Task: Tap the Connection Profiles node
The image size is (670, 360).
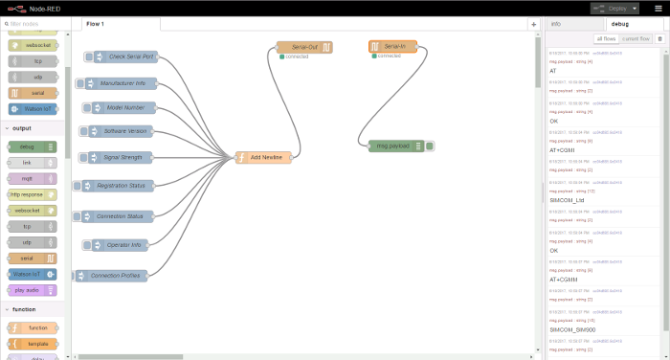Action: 112,276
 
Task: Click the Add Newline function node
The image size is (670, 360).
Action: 264,157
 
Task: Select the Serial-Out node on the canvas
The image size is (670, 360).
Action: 304,47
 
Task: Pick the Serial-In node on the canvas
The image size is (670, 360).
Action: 392,46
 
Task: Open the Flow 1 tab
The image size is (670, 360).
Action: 95,23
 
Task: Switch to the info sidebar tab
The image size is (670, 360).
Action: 556,23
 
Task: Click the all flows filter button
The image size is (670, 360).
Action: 605,39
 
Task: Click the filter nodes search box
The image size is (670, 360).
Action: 36,23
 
